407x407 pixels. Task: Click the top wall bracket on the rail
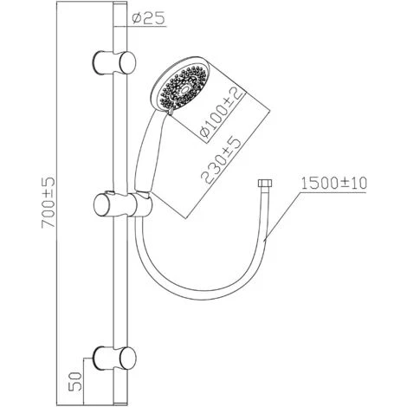tap(113, 62)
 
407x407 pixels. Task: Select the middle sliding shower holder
tap(117, 206)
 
